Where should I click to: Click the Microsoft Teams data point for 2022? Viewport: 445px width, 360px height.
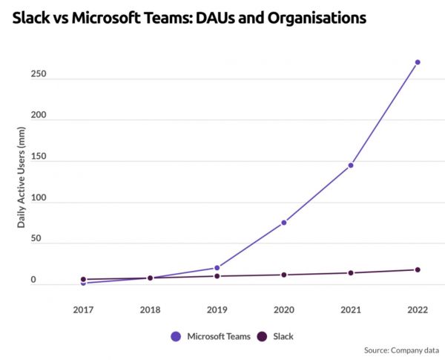[x=418, y=62]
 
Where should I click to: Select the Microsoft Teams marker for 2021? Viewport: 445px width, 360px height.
[x=351, y=166]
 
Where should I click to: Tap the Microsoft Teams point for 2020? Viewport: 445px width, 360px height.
[x=284, y=223]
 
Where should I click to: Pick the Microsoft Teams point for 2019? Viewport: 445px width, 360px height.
[x=217, y=268]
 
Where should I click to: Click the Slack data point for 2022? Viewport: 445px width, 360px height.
[x=418, y=269]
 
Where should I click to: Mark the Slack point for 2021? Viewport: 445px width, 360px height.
[x=351, y=272]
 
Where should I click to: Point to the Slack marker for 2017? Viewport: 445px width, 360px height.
[x=83, y=279]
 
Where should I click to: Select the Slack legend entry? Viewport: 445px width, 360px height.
[x=274, y=336]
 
